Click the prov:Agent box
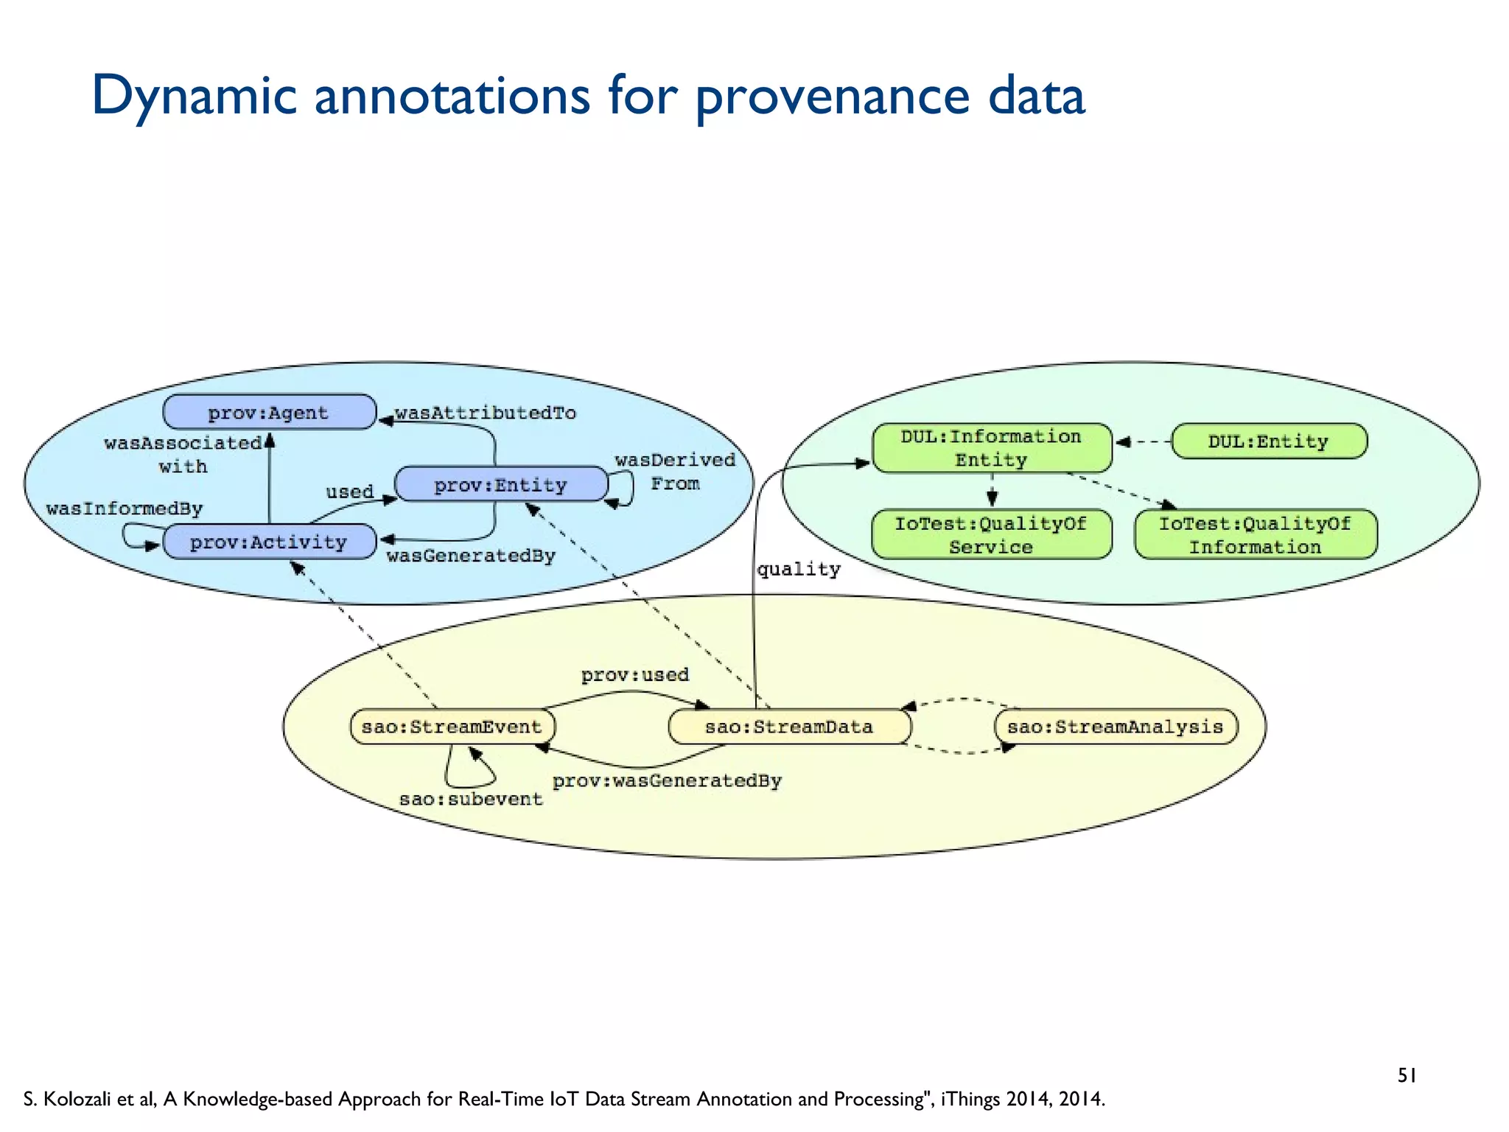pos(269,412)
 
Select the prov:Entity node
pos(501,484)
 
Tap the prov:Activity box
pos(269,542)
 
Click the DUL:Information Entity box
pos(991,447)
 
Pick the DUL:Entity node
pos(1268,441)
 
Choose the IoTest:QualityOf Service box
pos(991,535)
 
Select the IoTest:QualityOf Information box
pos(1255,535)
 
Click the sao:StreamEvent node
pos(452,727)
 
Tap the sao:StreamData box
pos(789,727)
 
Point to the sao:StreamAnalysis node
pos(1116,727)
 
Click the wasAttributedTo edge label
pos(486,413)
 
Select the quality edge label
pos(799,569)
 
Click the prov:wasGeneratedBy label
pos(667,780)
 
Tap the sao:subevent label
pos(471,799)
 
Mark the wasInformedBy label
pos(124,509)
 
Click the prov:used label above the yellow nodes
pos(634,674)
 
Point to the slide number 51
pos(1407,1076)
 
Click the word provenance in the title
pos(833,96)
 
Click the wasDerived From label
pos(675,472)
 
